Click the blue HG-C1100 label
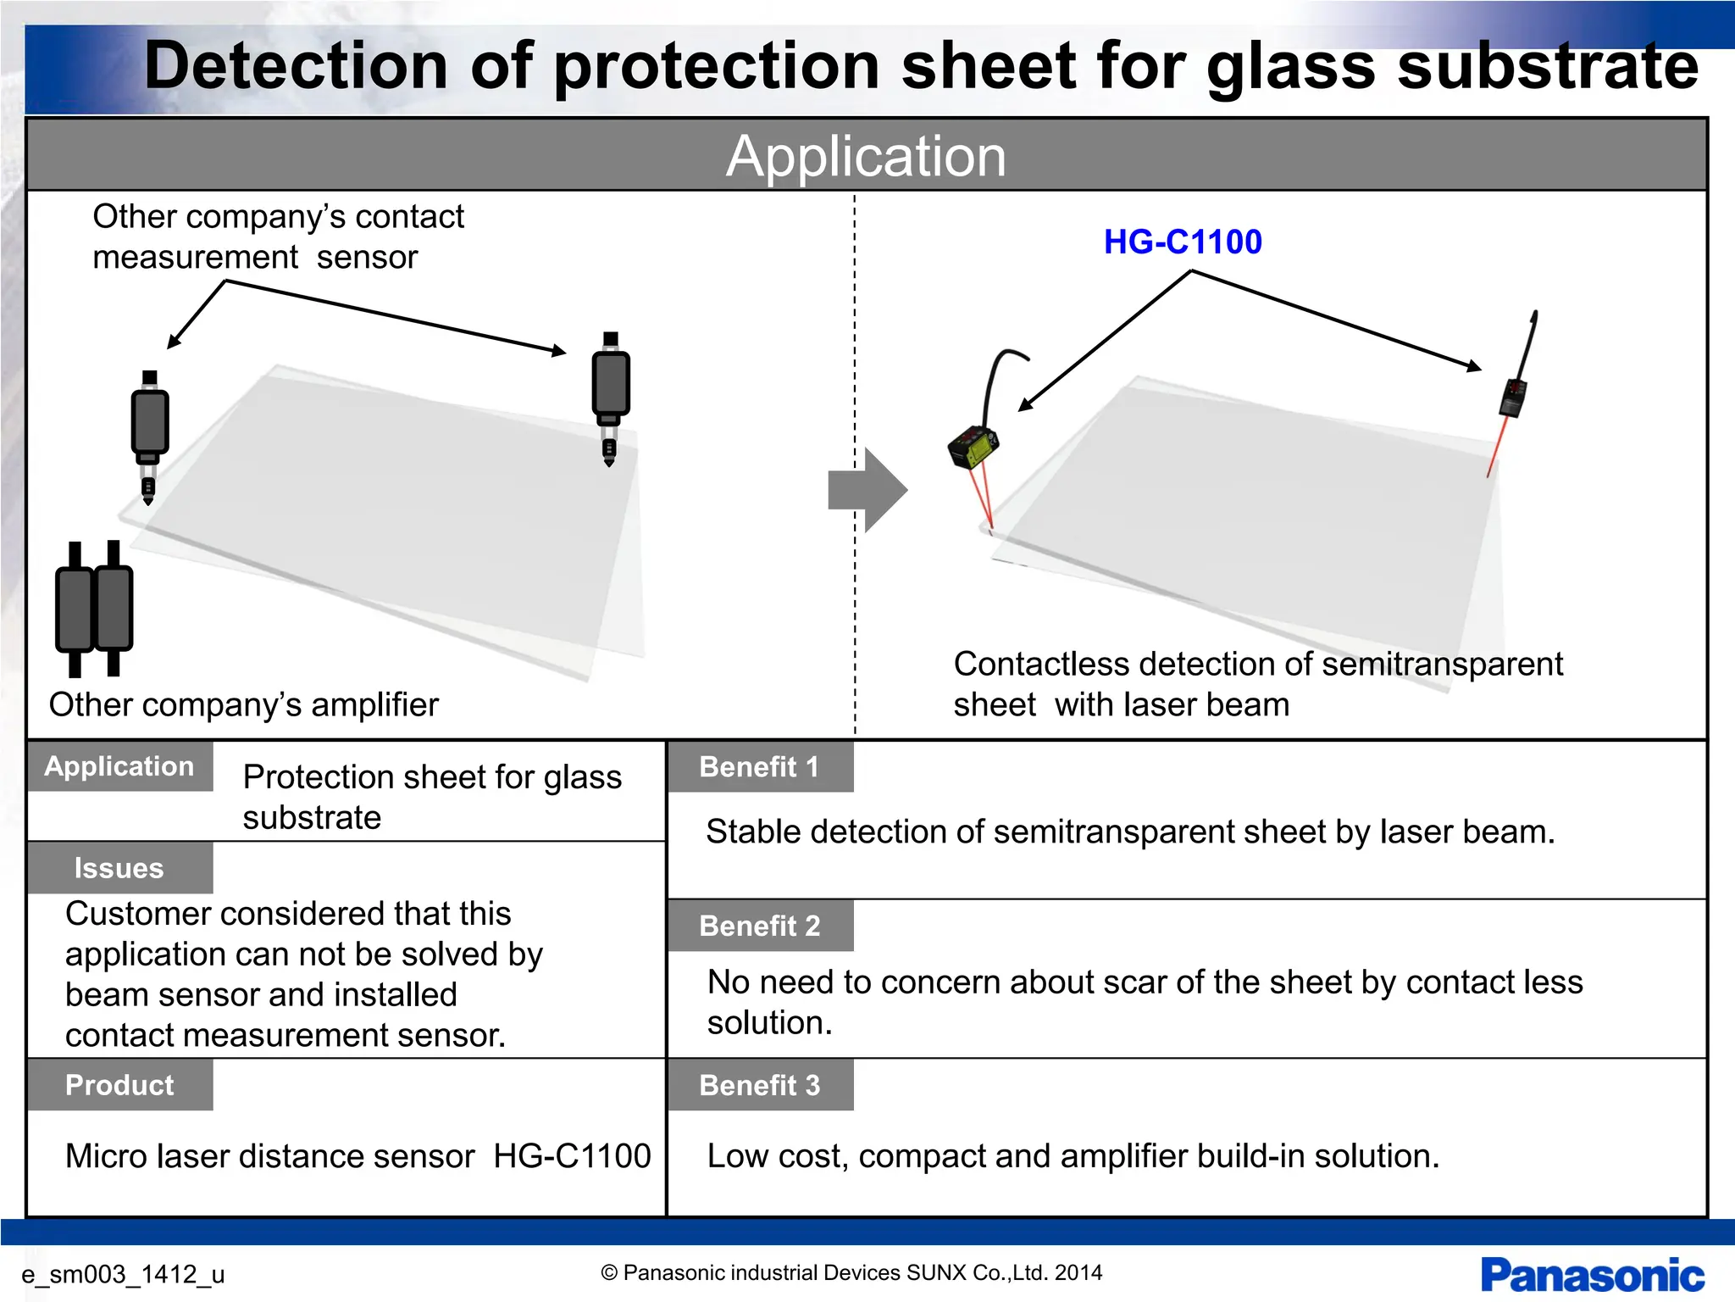pyautogui.click(x=1183, y=242)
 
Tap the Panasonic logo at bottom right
pyautogui.click(x=1592, y=1275)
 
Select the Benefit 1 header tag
pyautogui.click(x=760, y=767)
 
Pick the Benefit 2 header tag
pyautogui.click(x=760, y=926)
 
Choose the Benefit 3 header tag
pyautogui.click(x=760, y=1085)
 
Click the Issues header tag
pyautogui.click(x=119, y=868)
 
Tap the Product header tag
pyautogui.click(x=119, y=1085)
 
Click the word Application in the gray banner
pyautogui.click(x=866, y=156)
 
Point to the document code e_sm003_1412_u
pyautogui.click(x=123, y=1274)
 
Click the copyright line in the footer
pyautogui.click(x=851, y=1272)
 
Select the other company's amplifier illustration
pyautogui.click(x=94, y=609)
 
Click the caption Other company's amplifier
pyautogui.click(x=244, y=704)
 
